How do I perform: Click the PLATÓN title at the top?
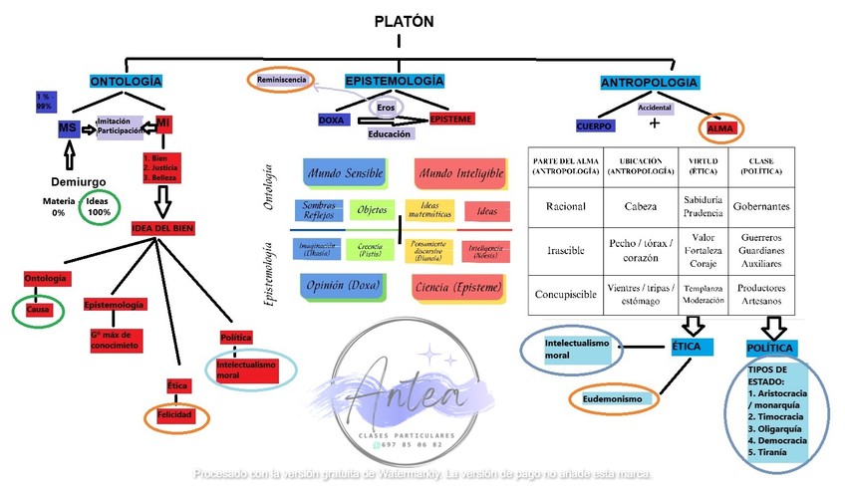(x=405, y=22)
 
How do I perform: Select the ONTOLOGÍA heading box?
(x=126, y=81)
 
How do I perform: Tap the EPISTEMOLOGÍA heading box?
(x=395, y=81)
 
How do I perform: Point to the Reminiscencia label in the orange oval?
(x=281, y=80)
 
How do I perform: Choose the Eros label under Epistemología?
(x=386, y=107)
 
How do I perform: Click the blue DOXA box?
(x=331, y=120)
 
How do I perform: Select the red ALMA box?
(x=719, y=128)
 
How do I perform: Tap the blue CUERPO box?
(x=595, y=126)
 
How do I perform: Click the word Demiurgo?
(x=78, y=181)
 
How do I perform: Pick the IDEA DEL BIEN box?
(x=162, y=228)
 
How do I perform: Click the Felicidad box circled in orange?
(x=175, y=414)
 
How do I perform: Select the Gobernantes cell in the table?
(x=761, y=207)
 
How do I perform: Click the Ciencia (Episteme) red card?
(x=457, y=287)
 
